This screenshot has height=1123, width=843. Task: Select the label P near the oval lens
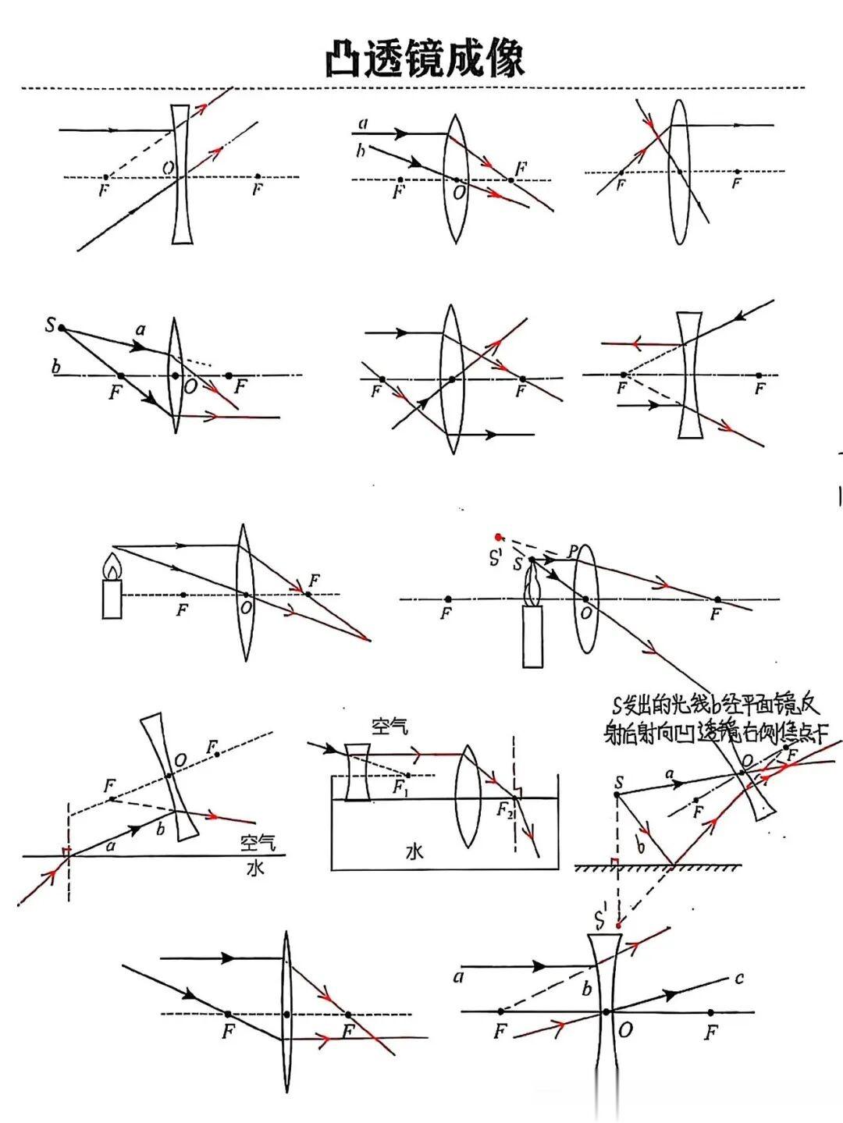573,552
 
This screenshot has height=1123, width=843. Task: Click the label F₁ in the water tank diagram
400,788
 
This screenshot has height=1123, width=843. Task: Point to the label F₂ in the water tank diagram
506,810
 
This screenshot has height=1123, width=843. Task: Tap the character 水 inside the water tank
414,851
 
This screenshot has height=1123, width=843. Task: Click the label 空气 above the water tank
390,727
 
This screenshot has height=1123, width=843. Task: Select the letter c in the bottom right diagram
738,978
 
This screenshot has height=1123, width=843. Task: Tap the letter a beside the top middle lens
363,123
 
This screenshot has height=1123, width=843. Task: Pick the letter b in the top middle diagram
360,151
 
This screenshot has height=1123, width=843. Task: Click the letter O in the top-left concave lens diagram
168,166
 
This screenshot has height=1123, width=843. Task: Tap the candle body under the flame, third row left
112,599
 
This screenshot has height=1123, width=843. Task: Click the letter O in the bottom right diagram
625,1030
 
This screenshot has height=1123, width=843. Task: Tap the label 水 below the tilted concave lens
255,866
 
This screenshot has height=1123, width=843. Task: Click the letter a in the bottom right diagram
459,976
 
